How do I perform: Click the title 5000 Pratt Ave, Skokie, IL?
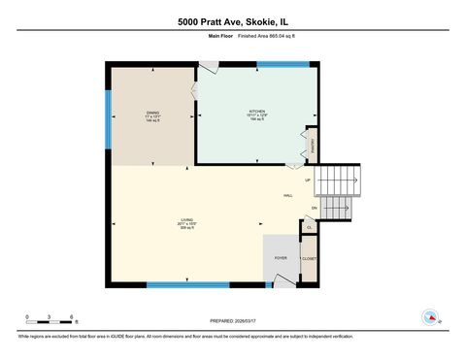tap(232, 19)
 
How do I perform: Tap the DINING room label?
tap(152, 114)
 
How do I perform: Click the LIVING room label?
tap(184, 220)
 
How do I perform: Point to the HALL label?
tap(288, 196)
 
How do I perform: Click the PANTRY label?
tap(313, 147)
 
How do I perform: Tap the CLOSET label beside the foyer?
tap(309, 259)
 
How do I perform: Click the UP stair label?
tap(308, 180)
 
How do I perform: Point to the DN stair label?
tap(314, 208)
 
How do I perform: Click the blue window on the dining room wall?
tap(109, 116)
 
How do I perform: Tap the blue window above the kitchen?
tap(283, 64)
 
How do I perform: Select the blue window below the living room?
tap(187, 284)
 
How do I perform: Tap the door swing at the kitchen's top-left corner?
tap(208, 70)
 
